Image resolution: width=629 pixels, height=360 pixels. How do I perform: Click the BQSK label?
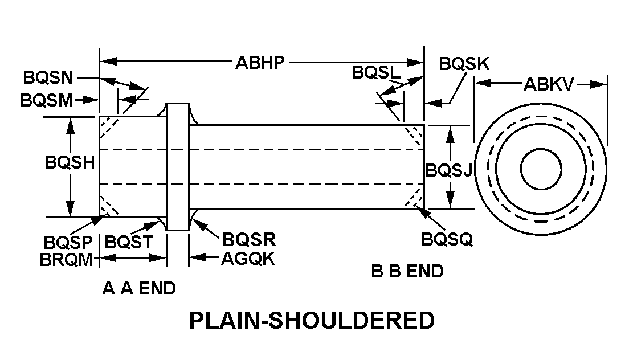(x=464, y=63)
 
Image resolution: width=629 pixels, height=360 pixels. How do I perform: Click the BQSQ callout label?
(x=447, y=240)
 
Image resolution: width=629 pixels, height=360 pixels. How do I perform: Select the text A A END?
(x=138, y=289)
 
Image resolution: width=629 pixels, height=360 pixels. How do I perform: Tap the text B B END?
(x=407, y=271)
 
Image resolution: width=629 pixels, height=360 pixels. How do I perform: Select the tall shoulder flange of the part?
(x=177, y=167)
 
